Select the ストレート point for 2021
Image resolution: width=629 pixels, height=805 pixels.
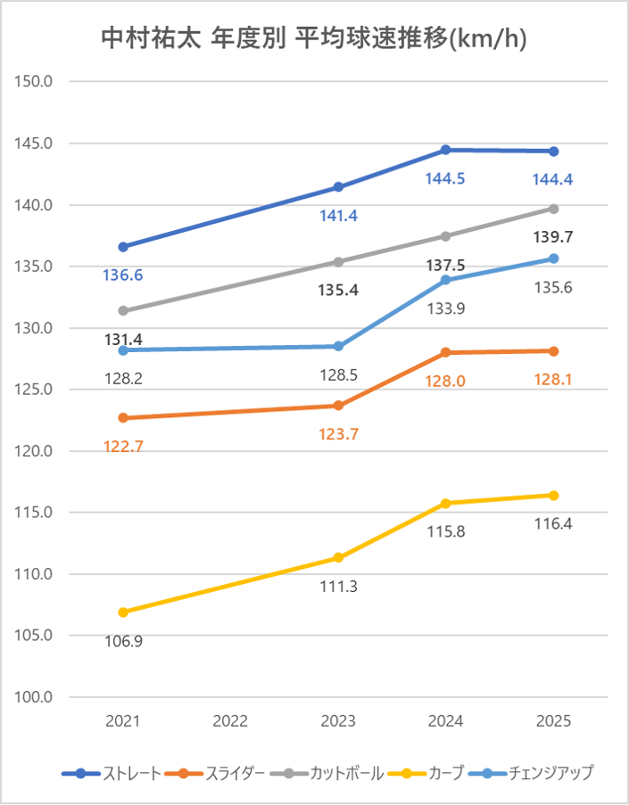coord(123,247)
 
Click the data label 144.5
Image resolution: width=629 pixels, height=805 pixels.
coord(444,179)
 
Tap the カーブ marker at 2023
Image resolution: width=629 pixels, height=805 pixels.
coord(338,558)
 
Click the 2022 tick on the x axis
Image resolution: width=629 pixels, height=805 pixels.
coord(230,721)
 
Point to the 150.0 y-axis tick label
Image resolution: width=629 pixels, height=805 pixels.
coord(37,82)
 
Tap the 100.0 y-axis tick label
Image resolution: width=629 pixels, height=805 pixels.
coord(37,697)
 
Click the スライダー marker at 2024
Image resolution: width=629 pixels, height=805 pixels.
coord(445,353)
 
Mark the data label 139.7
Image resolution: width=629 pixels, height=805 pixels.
coord(553,237)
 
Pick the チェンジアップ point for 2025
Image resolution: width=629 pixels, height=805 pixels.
coord(553,259)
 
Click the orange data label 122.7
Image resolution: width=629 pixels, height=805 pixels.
coord(123,447)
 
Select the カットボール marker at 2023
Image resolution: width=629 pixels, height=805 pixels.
coord(338,262)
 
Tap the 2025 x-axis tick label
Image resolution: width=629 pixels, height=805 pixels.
coord(553,721)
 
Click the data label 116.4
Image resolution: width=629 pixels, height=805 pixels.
coord(553,524)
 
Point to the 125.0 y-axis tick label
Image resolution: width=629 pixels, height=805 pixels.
coord(37,390)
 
